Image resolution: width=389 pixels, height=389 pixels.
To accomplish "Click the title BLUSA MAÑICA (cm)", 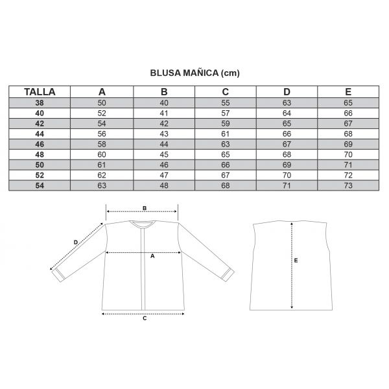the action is coord(194,73).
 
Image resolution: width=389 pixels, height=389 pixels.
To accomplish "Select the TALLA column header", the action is coord(40,92).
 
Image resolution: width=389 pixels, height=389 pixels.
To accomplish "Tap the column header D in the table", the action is coord(287,92).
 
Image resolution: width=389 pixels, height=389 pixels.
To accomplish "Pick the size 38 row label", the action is coord(40,102).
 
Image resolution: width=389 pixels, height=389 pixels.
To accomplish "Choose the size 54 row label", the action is coord(40,185).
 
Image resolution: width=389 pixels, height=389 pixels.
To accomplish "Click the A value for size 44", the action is coord(102,134).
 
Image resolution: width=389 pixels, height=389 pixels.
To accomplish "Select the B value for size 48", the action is coord(164,154).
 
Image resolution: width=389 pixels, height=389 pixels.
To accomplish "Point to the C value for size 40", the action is coord(225,113).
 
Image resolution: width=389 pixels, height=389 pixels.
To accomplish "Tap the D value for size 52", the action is coord(287,175).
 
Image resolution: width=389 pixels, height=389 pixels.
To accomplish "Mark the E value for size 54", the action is coord(348,185).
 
